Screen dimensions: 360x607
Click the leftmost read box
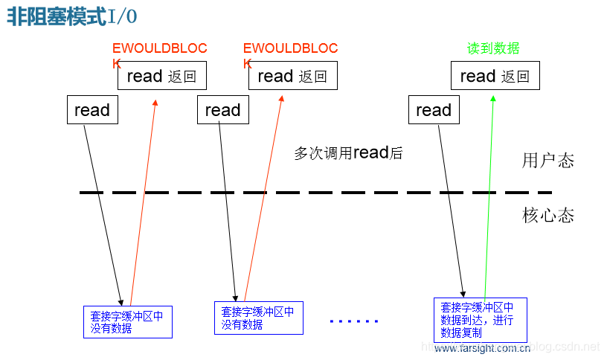click(92, 110)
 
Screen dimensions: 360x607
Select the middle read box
click(222, 110)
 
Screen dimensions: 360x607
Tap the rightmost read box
click(434, 110)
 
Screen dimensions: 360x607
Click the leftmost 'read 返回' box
click(161, 76)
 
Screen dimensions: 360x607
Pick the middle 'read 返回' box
click(292, 76)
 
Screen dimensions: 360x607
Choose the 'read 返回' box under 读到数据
click(495, 76)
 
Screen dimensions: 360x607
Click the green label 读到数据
click(493, 48)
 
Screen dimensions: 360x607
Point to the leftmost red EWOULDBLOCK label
click(159, 49)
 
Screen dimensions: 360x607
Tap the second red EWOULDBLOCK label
click(290, 49)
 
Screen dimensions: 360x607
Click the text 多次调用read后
click(348, 153)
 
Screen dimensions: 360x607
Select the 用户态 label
click(548, 161)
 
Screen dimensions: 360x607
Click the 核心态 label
click(548, 216)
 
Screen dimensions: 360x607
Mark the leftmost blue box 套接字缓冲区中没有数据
click(127, 321)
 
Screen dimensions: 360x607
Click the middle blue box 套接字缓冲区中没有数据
click(258, 318)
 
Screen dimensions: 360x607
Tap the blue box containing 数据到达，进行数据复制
click(480, 319)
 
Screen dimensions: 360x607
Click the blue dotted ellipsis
click(354, 321)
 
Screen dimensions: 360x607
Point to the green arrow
click(489, 193)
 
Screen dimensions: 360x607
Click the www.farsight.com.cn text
click(482, 348)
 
